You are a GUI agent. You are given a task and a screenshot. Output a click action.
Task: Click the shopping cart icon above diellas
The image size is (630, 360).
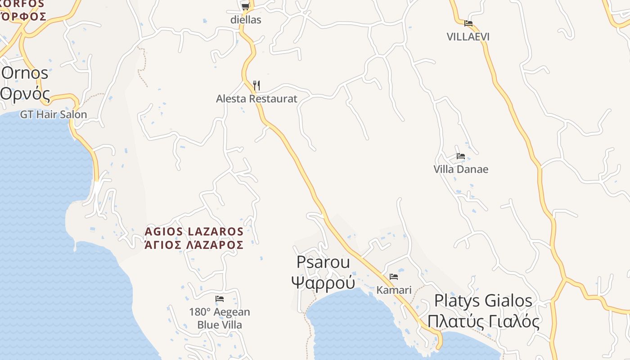(x=245, y=6)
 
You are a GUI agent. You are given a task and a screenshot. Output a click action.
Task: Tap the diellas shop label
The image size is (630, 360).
(x=246, y=20)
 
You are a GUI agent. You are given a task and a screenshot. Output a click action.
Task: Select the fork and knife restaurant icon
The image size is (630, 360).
(x=256, y=85)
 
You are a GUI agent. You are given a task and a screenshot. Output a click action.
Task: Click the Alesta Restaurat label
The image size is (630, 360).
(x=256, y=99)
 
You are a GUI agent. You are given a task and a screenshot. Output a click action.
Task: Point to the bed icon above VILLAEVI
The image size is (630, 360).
(x=468, y=23)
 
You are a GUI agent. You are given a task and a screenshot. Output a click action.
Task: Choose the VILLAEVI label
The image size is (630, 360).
(x=468, y=37)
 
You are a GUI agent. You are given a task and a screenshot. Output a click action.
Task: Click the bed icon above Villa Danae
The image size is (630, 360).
(x=461, y=156)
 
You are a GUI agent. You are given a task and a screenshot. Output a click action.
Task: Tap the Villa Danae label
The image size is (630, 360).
(x=461, y=169)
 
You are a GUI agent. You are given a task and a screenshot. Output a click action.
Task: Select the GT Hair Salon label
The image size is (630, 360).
(x=53, y=114)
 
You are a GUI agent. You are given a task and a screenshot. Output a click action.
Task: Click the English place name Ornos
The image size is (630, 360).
(x=25, y=73)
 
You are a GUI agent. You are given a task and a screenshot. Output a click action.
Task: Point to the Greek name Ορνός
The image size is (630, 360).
(x=25, y=93)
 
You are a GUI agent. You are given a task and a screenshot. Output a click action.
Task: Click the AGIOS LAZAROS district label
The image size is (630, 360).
(x=194, y=232)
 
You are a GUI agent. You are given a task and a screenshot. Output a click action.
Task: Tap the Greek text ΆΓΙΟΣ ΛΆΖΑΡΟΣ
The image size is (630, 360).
(x=194, y=245)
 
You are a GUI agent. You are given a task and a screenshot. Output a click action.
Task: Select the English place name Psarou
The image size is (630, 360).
(x=323, y=262)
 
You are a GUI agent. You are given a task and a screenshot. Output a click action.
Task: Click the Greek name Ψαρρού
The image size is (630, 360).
(x=323, y=283)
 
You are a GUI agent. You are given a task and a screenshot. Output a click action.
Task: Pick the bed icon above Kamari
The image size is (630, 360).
(x=394, y=276)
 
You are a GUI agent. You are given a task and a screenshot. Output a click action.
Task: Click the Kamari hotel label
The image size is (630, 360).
(x=394, y=290)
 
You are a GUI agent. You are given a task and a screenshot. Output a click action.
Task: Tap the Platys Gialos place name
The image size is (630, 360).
(x=483, y=301)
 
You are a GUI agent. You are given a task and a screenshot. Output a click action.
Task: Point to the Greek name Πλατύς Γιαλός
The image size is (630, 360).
(x=483, y=322)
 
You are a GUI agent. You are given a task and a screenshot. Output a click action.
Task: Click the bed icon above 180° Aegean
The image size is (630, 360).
(x=220, y=298)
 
